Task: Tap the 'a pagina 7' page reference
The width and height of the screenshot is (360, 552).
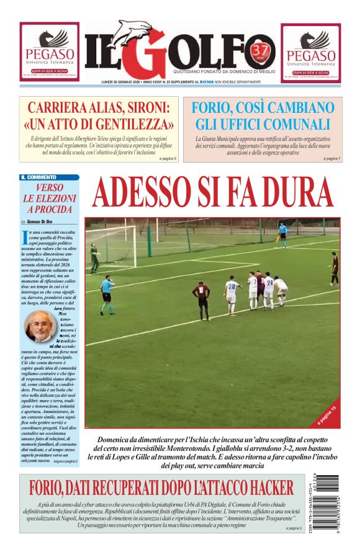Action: pyautogui.click(x=331, y=159)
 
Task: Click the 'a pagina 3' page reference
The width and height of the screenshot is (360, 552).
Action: pyautogui.click(x=294, y=528)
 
